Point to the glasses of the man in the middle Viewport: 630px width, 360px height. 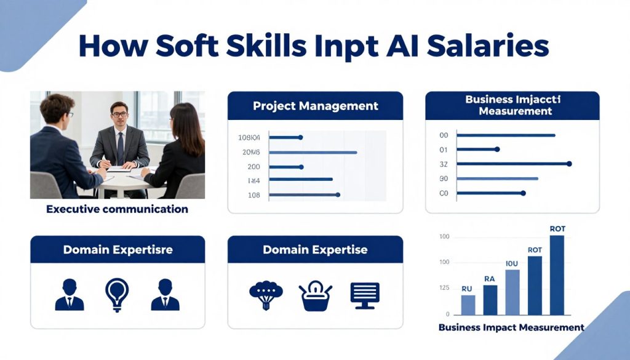(x=119, y=114)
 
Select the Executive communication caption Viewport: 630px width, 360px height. (x=117, y=209)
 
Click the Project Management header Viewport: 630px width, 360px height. (x=315, y=106)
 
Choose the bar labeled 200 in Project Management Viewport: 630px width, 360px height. (x=285, y=167)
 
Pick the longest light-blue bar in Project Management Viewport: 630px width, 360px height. (x=313, y=152)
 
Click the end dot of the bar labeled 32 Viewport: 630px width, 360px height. (x=569, y=164)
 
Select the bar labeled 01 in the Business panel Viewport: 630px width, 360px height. (x=477, y=149)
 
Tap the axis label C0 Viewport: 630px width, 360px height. (x=444, y=193)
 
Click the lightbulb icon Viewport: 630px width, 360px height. (x=117, y=294)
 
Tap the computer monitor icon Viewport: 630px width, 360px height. (x=365, y=295)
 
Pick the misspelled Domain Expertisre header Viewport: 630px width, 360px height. (x=118, y=250)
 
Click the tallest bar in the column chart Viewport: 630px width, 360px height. (x=557, y=274)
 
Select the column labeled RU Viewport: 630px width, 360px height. (x=468, y=305)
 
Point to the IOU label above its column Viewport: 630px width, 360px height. (x=512, y=264)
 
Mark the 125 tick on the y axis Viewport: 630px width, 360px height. (x=444, y=287)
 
